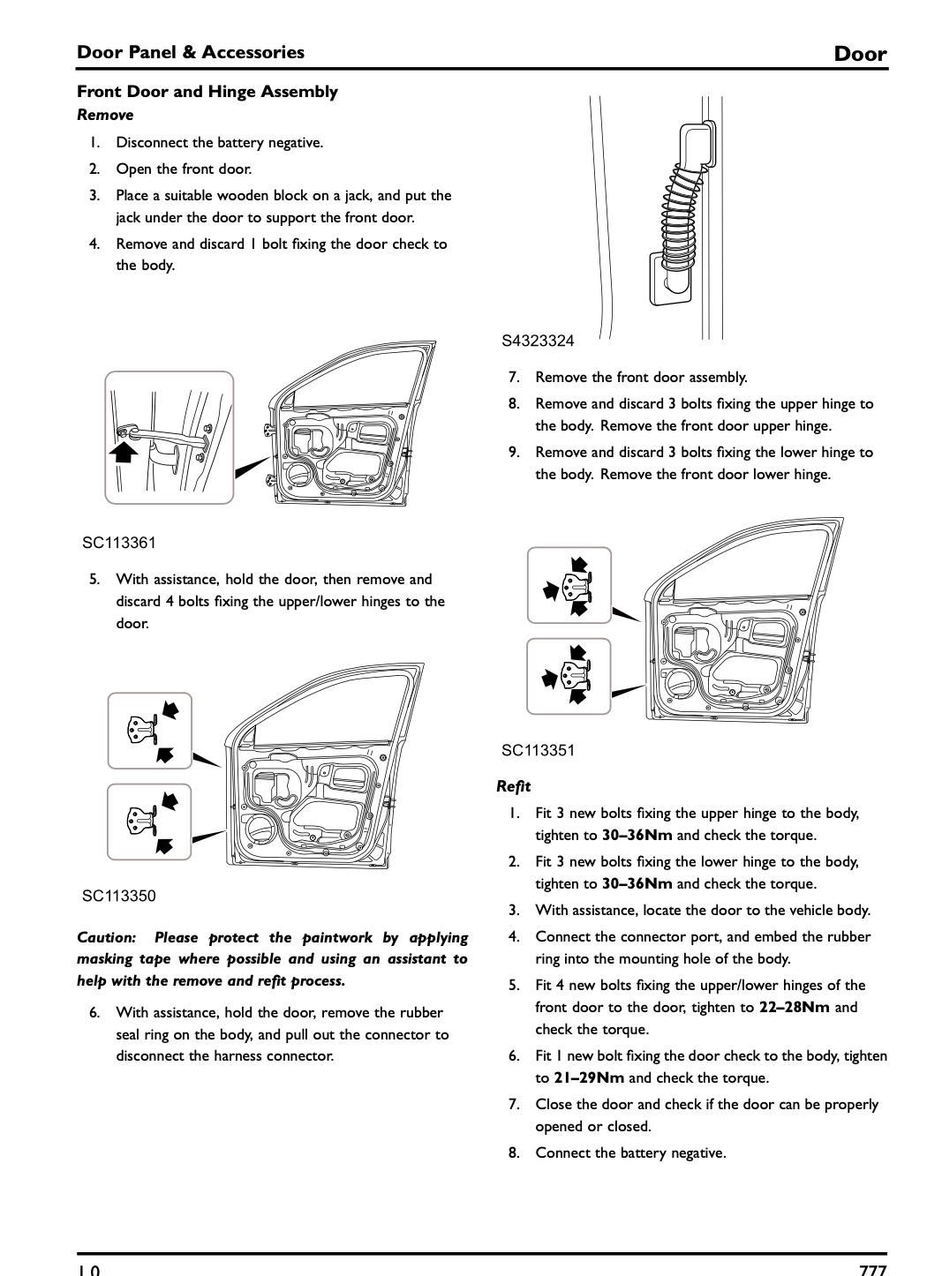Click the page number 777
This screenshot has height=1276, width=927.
(x=872, y=1270)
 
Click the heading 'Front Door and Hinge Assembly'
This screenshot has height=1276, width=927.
(x=207, y=92)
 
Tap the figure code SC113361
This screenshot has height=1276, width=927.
(x=119, y=543)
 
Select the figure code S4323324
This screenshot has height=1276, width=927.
(x=538, y=341)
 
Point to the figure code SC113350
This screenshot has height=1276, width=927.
(x=119, y=896)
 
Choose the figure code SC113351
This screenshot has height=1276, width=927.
(x=538, y=750)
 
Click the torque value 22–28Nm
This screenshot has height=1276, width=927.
(x=794, y=1007)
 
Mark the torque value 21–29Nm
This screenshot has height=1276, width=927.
(x=588, y=1077)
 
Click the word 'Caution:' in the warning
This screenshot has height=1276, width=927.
(x=107, y=937)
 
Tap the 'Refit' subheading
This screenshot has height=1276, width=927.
(x=513, y=786)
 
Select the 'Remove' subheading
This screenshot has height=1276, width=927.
(x=105, y=115)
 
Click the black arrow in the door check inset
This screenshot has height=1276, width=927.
(x=124, y=452)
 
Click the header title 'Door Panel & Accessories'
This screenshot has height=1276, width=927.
(x=191, y=52)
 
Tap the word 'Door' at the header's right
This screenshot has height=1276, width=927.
(x=860, y=54)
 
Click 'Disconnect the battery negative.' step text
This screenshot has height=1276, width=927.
(x=219, y=142)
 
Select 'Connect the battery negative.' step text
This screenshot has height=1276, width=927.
(x=630, y=1152)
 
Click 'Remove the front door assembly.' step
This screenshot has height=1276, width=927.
(x=641, y=377)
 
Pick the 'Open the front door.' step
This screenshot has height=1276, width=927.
(x=184, y=169)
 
